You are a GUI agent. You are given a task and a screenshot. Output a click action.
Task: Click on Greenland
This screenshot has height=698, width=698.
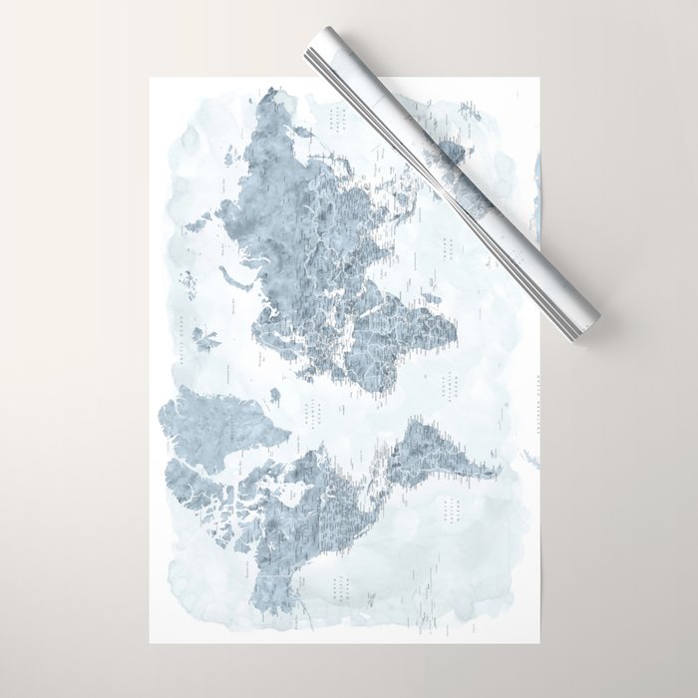tap(199, 419)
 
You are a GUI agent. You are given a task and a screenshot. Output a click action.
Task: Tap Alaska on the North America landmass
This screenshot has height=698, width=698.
tap(264, 588)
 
